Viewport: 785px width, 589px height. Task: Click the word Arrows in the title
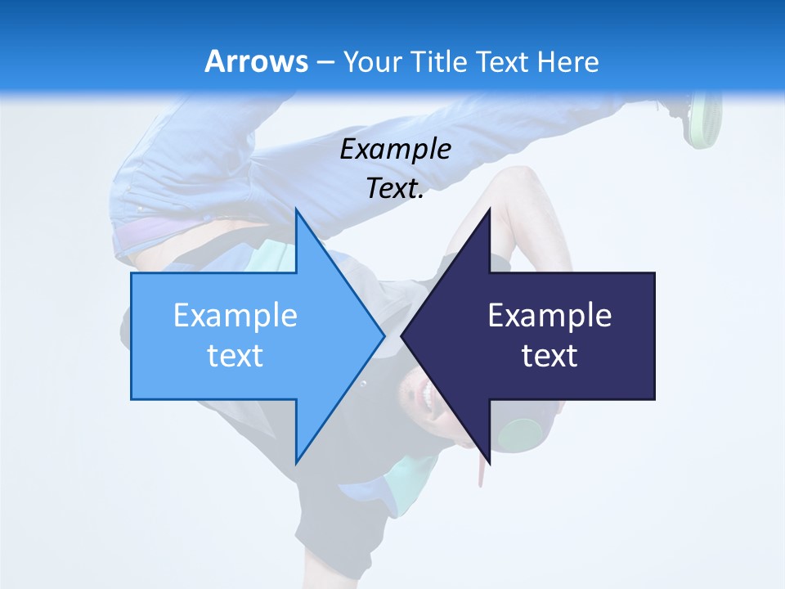tap(256, 61)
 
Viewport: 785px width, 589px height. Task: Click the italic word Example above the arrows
tap(395, 149)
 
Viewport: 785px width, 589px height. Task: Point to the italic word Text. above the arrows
tap(395, 188)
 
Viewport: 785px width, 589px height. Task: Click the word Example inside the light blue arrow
tap(235, 316)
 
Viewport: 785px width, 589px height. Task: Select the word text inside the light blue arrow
tap(235, 356)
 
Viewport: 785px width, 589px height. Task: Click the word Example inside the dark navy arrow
tap(549, 316)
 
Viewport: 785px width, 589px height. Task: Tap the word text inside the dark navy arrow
tap(549, 356)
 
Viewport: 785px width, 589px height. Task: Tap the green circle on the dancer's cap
tap(517, 434)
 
